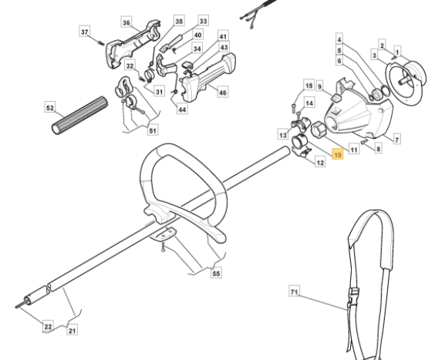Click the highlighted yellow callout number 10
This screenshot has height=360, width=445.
[338, 155]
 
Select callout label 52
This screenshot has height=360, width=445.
[50, 107]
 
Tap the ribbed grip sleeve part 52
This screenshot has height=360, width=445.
[80, 115]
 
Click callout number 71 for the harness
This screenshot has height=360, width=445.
[295, 291]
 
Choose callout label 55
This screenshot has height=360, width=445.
[216, 273]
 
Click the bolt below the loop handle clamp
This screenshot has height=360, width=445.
[163, 247]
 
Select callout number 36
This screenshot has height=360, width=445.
[126, 22]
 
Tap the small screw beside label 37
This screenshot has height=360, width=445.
[101, 43]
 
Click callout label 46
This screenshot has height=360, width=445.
[223, 93]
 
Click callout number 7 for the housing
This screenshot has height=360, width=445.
[396, 140]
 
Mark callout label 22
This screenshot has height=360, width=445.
[49, 327]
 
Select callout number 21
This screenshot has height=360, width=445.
[72, 330]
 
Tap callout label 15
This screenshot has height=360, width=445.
[309, 86]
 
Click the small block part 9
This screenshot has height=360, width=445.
[336, 98]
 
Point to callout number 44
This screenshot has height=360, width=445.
[182, 109]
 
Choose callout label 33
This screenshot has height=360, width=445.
[203, 21]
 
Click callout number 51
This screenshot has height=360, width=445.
[153, 130]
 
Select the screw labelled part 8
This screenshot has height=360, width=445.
[364, 141]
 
